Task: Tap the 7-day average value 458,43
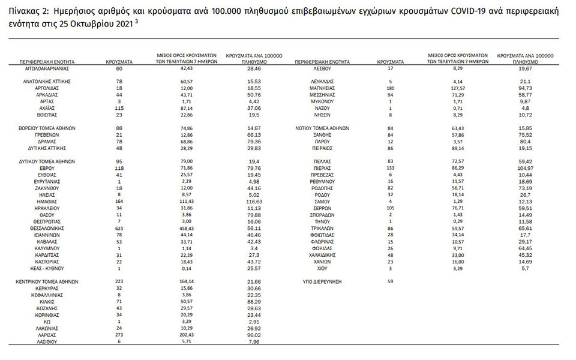(182, 229)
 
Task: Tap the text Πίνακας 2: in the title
(28, 11)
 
